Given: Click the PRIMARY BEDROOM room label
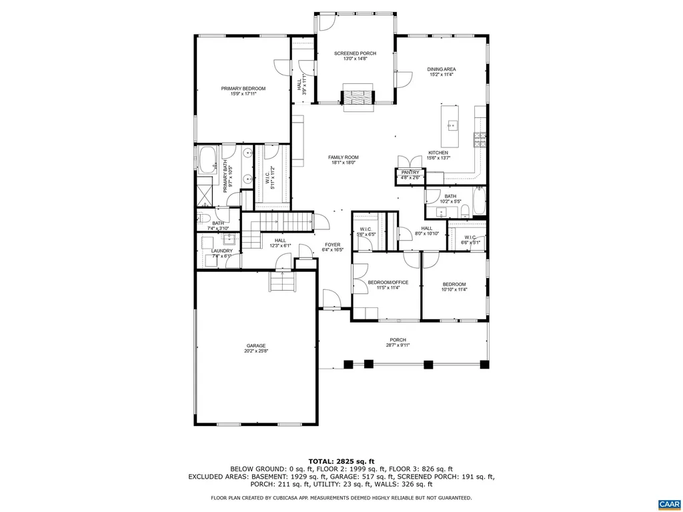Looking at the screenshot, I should click(x=243, y=89).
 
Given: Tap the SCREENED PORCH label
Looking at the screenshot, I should click(x=355, y=53).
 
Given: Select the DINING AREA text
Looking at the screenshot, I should click(x=442, y=69).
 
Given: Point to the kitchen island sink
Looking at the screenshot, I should click(x=452, y=125).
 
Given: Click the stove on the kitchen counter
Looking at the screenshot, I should click(x=480, y=139).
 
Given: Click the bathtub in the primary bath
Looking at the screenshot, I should click(x=207, y=160).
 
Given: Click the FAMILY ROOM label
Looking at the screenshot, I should click(x=343, y=157).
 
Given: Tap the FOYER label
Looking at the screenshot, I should click(x=333, y=245).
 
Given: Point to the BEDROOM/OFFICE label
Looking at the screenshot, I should click(x=388, y=283).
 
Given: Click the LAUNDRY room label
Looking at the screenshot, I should click(x=221, y=251).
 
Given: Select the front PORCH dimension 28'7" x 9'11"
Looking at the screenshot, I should click(x=398, y=345).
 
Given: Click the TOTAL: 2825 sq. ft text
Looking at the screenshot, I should click(x=341, y=461).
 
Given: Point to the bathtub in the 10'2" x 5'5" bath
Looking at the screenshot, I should click(x=480, y=203).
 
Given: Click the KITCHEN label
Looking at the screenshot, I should click(x=438, y=153).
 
